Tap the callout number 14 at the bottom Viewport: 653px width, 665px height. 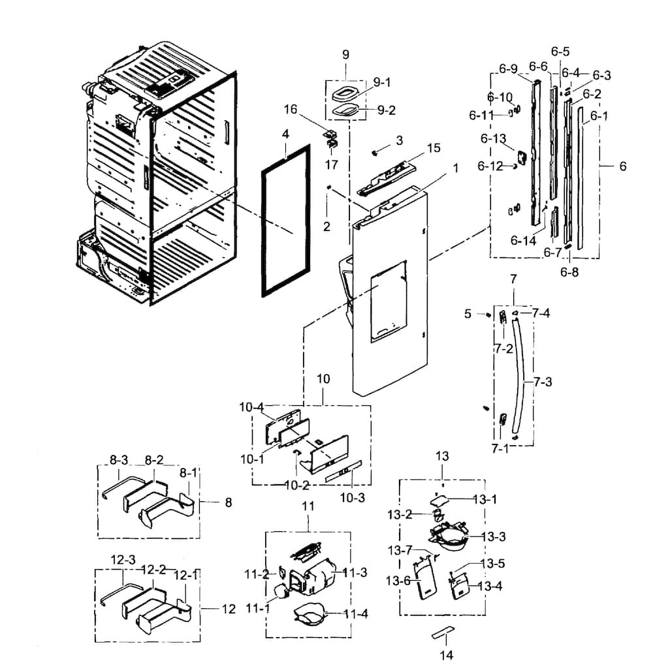click(446, 655)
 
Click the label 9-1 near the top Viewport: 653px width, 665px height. click(382, 82)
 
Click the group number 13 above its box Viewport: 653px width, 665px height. click(443, 456)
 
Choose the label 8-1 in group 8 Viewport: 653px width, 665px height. click(187, 471)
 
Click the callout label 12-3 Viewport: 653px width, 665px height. click(122, 560)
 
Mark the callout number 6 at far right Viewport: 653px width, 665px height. click(622, 166)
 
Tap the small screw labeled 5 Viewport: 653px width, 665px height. click(488, 315)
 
